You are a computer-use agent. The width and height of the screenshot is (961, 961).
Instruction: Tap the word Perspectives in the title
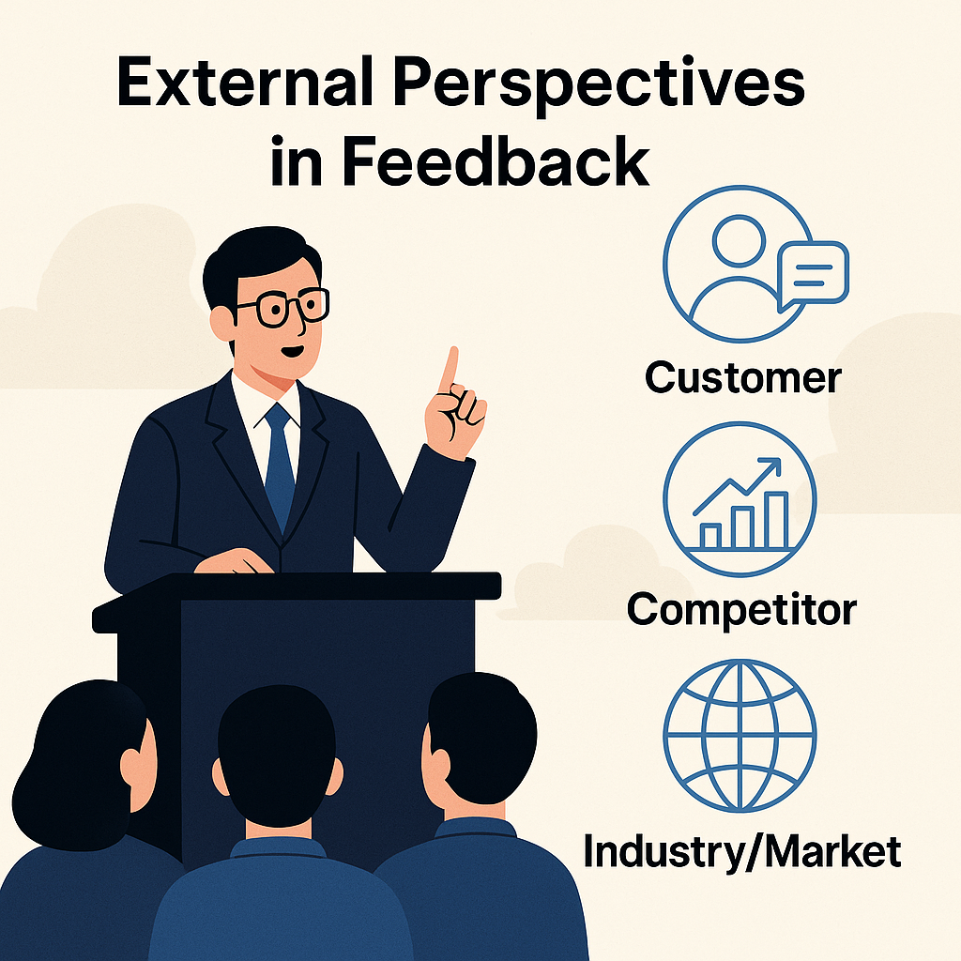(599, 86)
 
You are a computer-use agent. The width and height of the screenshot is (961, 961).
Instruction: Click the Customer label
(743, 378)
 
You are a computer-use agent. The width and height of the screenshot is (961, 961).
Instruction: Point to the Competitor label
(741, 611)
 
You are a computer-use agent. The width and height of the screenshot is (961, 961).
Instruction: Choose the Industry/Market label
(741, 851)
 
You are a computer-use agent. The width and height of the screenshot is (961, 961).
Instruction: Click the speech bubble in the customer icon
(813, 275)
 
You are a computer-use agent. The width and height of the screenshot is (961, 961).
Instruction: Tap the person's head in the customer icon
(740, 240)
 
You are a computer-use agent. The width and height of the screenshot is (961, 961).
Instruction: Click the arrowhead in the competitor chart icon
(772, 465)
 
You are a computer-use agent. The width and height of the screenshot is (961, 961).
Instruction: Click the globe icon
(740, 736)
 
